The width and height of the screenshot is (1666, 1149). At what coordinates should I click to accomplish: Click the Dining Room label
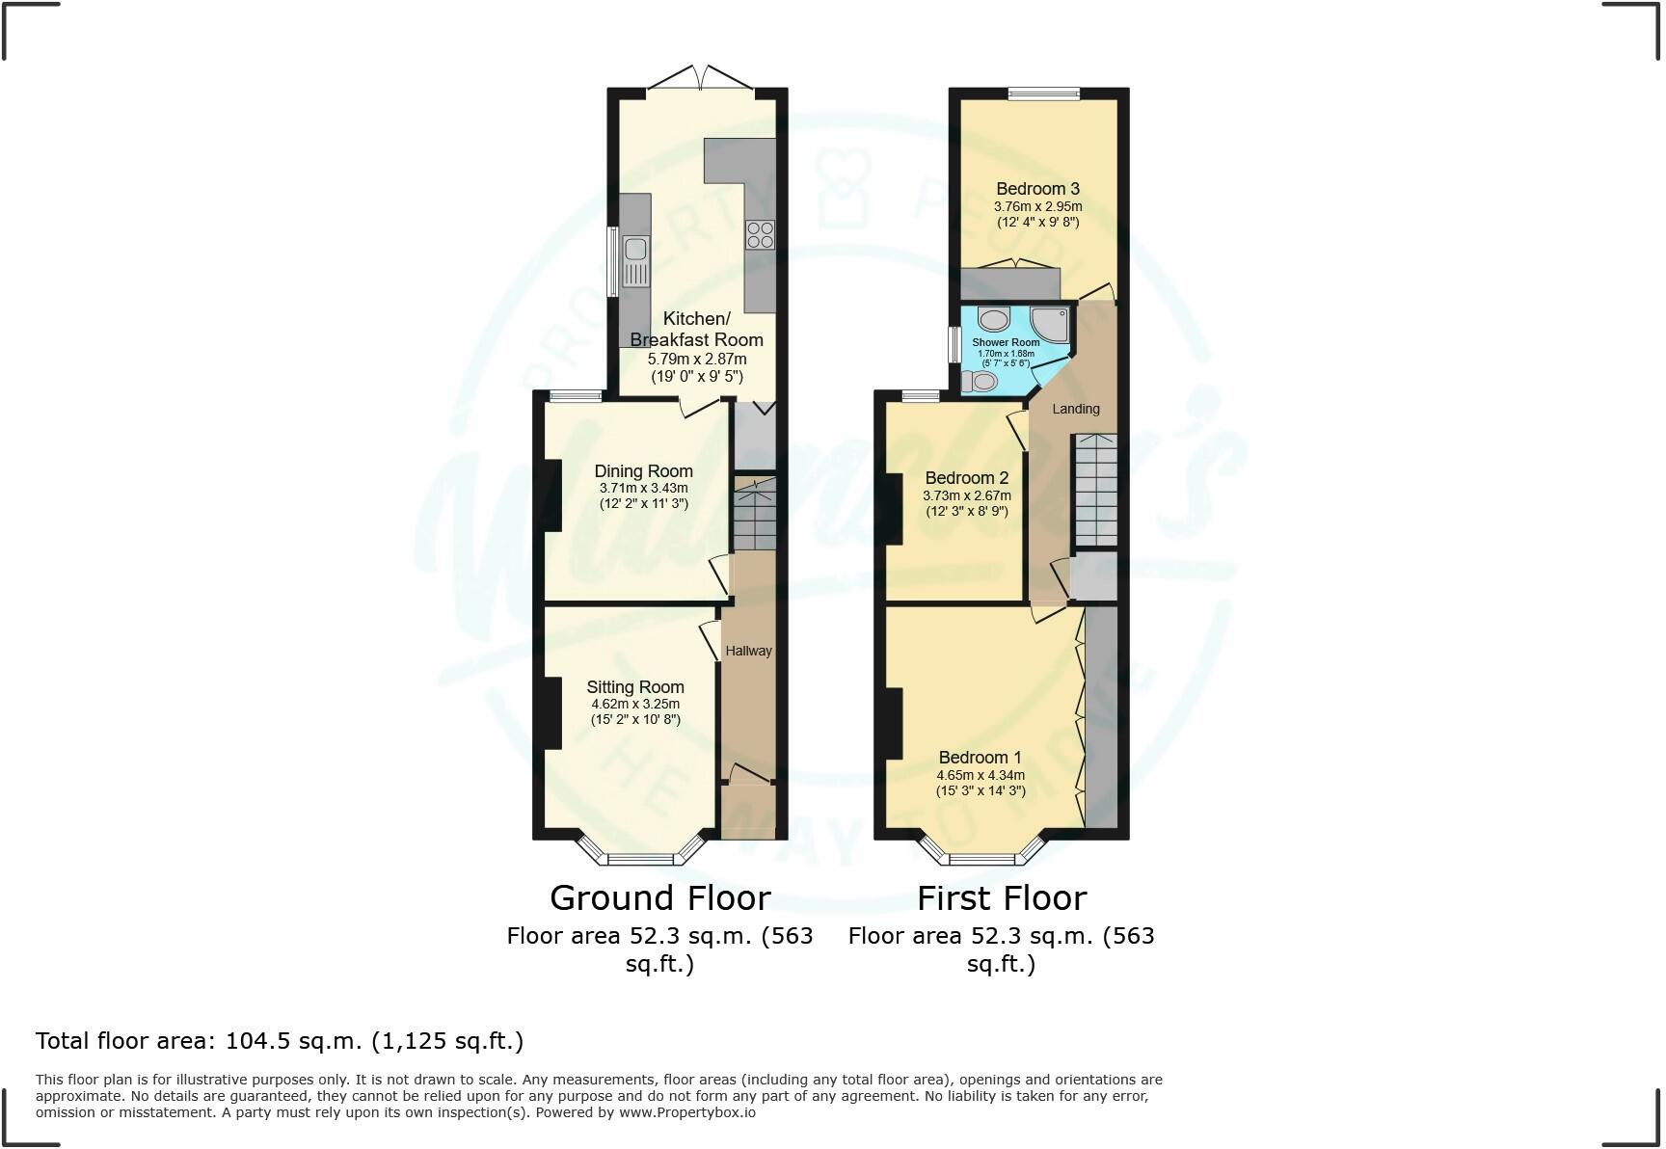(643, 471)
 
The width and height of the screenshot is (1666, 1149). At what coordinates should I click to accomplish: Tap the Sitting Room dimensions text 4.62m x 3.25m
(635, 705)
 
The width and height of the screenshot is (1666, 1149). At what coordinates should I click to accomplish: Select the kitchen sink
(636, 261)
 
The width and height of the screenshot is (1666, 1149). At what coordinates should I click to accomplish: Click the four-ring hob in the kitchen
(760, 234)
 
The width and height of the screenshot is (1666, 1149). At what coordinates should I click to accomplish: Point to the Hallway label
(748, 651)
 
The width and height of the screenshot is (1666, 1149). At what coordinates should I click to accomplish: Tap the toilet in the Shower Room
(980, 382)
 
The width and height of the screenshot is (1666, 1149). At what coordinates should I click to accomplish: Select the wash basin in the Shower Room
(993, 319)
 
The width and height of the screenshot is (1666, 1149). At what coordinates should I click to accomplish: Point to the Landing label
(1075, 409)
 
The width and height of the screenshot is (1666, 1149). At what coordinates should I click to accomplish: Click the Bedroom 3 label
(1037, 189)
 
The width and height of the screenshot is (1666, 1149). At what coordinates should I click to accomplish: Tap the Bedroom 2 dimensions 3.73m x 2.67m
(966, 495)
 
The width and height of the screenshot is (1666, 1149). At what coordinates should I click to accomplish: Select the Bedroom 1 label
(980, 758)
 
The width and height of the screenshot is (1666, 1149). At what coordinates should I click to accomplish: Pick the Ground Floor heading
(659, 898)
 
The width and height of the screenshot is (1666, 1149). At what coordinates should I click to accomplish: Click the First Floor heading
(1001, 898)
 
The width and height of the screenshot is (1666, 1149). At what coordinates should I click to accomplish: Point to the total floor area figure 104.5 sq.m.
(293, 1041)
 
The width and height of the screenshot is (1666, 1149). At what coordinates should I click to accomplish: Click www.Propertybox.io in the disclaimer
(686, 1112)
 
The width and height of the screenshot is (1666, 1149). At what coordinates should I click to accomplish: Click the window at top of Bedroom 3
(1043, 94)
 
